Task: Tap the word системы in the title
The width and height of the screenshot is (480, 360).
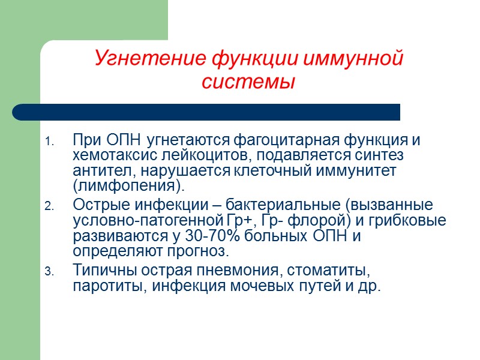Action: click(248, 82)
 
